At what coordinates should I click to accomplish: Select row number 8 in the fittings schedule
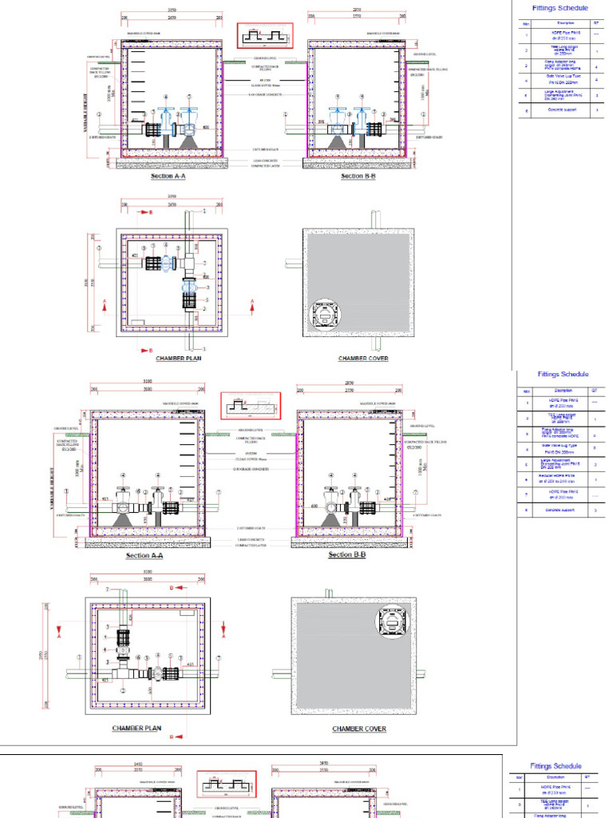[x=527, y=509]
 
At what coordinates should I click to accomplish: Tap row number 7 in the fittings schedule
[x=527, y=494]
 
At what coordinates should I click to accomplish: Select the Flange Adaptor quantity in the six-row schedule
[x=596, y=66]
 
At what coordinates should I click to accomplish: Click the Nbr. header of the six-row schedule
[x=526, y=23]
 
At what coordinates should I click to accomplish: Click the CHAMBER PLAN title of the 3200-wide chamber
[x=136, y=729]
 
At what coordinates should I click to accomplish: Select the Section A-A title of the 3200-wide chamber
[x=145, y=555]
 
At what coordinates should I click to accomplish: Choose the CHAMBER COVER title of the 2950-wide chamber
[x=363, y=359]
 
